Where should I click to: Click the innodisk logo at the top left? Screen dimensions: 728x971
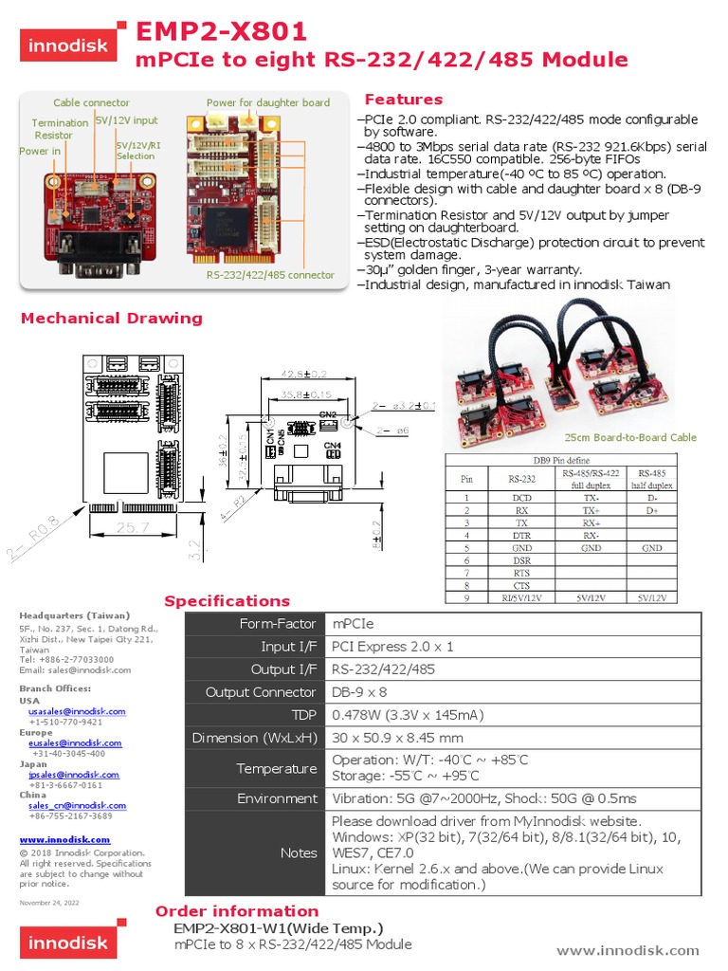pyautogui.click(x=70, y=45)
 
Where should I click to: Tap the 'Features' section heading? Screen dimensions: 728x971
pyautogui.click(x=403, y=100)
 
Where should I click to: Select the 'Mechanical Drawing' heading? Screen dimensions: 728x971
pyautogui.click(x=112, y=318)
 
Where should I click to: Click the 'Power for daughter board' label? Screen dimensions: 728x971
pyautogui.click(x=268, y=102)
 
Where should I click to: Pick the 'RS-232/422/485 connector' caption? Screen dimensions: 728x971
pyautogui.click(x=270, y=275)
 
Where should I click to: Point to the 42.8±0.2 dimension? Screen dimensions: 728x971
pyautogui.click(x=305, y=374)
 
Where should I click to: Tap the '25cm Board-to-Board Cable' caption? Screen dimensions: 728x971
pyautogui.click(x=630, y=437)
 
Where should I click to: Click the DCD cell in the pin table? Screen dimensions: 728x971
pyautogui.click(x=521, y=497)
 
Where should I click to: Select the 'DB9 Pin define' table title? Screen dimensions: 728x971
pyautogui.click(x=560, y=460)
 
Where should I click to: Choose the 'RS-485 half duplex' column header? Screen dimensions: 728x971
pyautogui.click(x=652, y=478)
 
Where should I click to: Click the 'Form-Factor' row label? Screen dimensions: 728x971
pyautogui.click(x=278, y=624)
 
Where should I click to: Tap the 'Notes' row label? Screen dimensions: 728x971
pyautogui.click(x=299, y=852)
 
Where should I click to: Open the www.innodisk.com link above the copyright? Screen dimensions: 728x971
pyautogui.click(x=65, y=839)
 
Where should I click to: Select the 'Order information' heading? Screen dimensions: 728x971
pyautogui.click(x=237, y=911)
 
